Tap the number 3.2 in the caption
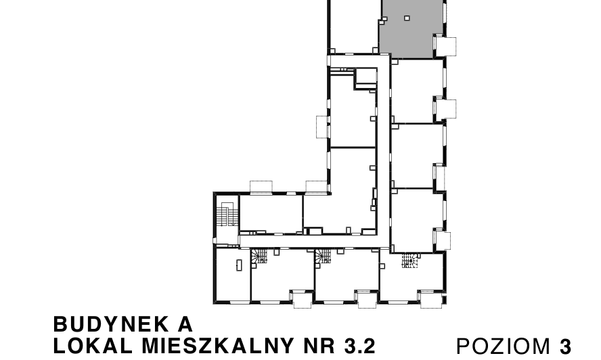pyautogui.click(x=359, y=346)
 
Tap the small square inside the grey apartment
pyautogui.click(x=406, y=18)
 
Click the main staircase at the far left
pyautogui.click(x=226, y=216)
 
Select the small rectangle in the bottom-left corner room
pyautogui.click(x=239, y=265)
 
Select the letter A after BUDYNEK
pyautogui.click(x=184, y=323)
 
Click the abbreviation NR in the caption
pyautogui.click(x=319, y=346)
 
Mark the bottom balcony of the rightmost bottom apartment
pyautogui.click(x=430, y=298)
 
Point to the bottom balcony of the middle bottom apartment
pyautogui.click(x=367, y=298)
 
